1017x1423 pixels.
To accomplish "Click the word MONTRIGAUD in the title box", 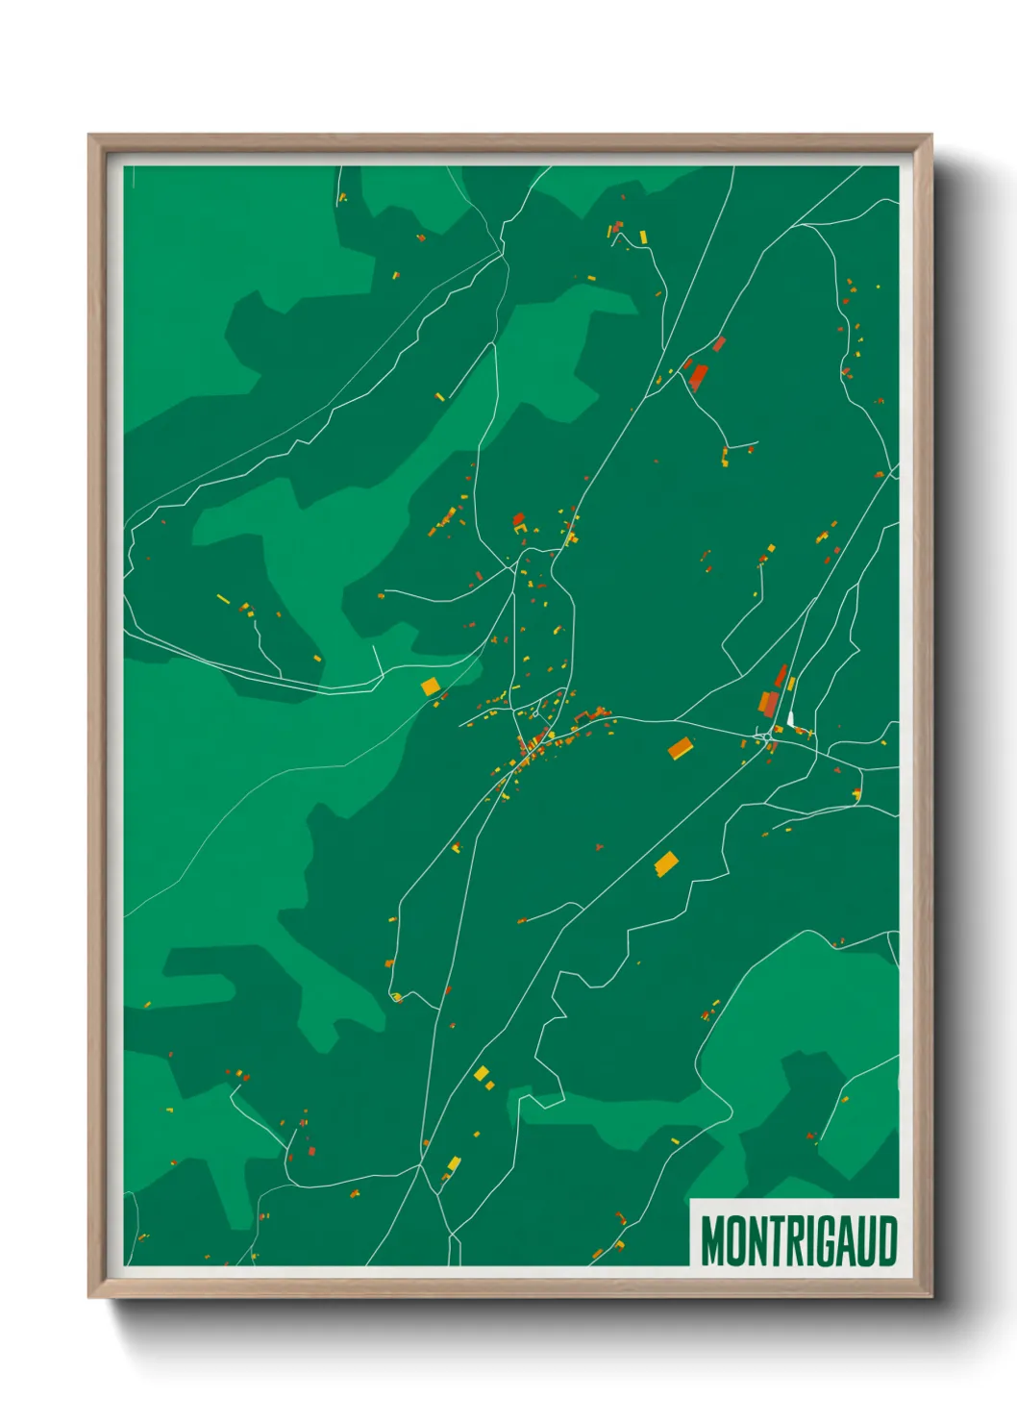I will (x=799, y=1240).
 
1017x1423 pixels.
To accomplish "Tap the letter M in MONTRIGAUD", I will (x=713, y=1240).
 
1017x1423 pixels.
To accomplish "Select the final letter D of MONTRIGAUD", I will (x=887, y=1240).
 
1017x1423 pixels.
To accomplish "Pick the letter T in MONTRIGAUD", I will (x=761, y=1240).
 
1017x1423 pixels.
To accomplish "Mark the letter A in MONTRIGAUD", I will (x=845, y=1240).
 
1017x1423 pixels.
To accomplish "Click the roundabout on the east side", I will (x=766, y=737).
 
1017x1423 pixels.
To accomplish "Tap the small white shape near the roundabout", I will (x=790, y=718).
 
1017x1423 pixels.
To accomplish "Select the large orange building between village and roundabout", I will (x=681, y=748).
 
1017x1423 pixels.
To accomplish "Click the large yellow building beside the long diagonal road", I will (x=665, y=862).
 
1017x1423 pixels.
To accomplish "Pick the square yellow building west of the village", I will (x=430, y=686).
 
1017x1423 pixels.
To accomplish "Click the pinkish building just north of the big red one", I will (x=719, y=343).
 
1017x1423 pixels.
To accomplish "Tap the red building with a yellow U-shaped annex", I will (x=519, y=522).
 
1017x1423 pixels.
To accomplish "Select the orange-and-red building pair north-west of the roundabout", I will (x=770, y=702).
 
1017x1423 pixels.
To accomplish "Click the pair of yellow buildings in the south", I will (x=484, y=1076).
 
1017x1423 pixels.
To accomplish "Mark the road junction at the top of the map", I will (x=501, y=251).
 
